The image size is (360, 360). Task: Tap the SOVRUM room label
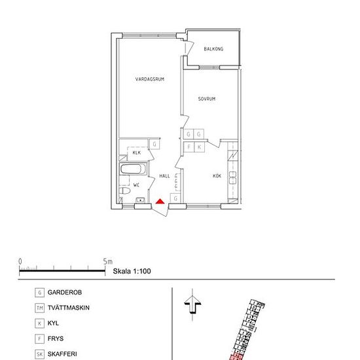pos(207,99)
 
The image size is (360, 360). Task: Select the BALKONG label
pos(214,49)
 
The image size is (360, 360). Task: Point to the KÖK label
pos(217,175)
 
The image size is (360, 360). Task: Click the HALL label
pos(164,176)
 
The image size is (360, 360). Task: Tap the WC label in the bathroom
pos(137,185)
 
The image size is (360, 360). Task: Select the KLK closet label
pos(137,153)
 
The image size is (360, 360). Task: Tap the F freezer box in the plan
pos(189,147)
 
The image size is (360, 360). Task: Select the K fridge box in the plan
pos(200,147)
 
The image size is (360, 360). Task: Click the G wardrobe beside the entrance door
pos(175,198)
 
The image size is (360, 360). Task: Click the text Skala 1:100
pos(133,270)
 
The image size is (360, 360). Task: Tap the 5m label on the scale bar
pos(108,261)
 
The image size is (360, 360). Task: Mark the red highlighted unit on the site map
pos(236,357)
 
